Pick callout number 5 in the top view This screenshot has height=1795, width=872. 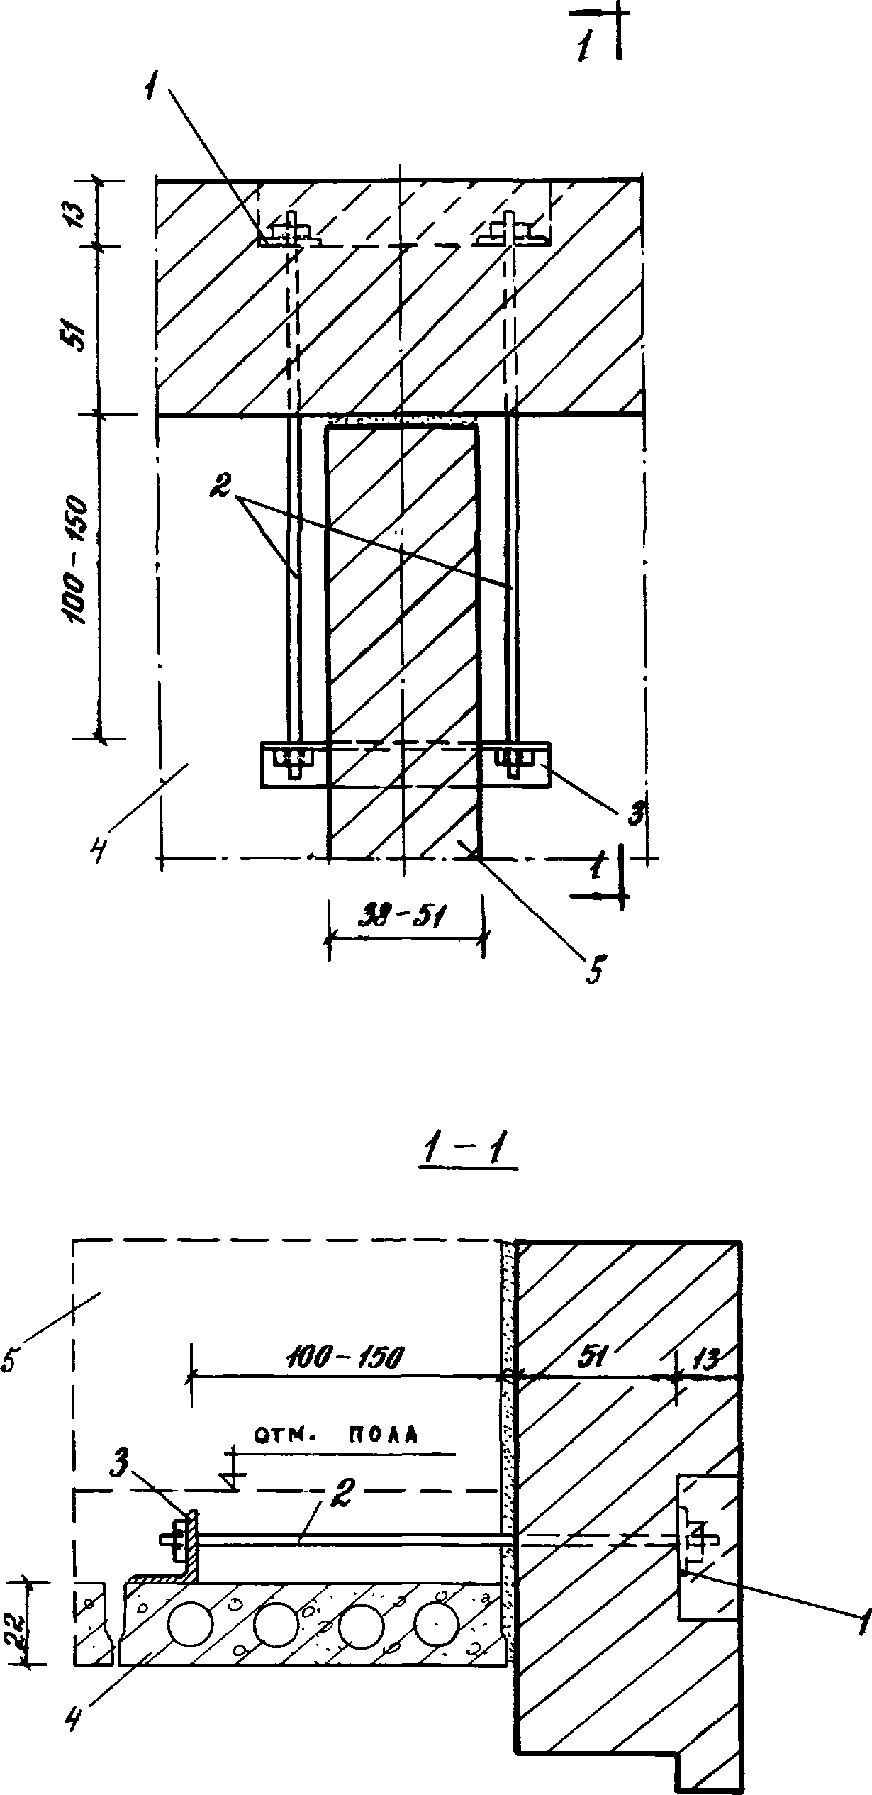coord(594,968)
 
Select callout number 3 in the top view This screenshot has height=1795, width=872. coord(636,814)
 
